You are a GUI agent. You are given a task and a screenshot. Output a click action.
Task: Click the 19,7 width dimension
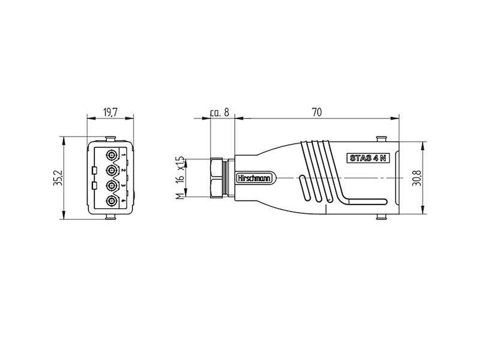pos(110,112)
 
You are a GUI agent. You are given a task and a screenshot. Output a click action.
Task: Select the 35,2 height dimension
pos(58,178)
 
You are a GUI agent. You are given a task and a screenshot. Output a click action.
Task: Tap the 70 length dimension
pos(317,112)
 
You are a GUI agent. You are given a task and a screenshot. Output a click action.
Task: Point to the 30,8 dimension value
pos(417,178)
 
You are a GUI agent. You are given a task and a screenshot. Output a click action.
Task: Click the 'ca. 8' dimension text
pos(220,112)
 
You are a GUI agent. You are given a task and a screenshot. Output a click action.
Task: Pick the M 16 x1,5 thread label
pos(181,178)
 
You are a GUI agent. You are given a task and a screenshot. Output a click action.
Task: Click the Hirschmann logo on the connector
pos(254,178)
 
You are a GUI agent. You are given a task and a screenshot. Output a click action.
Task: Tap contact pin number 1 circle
pos(112,155)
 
